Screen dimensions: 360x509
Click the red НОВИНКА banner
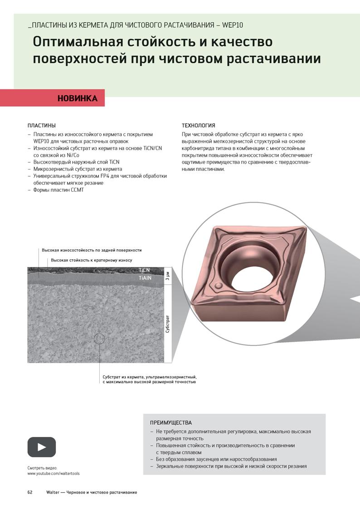(x=52, y=98)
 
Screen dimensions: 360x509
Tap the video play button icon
(x=42, y=447)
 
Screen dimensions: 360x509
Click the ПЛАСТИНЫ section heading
(x=42, y=125)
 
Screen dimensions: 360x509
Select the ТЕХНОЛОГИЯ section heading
(x=198, y=125)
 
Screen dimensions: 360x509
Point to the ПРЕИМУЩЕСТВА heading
(x=171, y=422)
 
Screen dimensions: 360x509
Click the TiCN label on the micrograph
(x=144, y=270)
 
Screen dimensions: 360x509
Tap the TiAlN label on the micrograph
(x=145, y=278)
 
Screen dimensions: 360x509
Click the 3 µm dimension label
(x=167, y=276)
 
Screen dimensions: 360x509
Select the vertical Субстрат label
(x=167, y=324)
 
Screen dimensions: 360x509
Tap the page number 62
(x=30, y=492)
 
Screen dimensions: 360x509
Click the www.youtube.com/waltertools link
(x=53, y=474)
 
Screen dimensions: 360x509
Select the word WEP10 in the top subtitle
(x=233, y=25)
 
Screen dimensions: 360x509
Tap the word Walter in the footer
(x=53, y=492)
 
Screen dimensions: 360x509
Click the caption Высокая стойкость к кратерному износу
(x=92, y=260)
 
